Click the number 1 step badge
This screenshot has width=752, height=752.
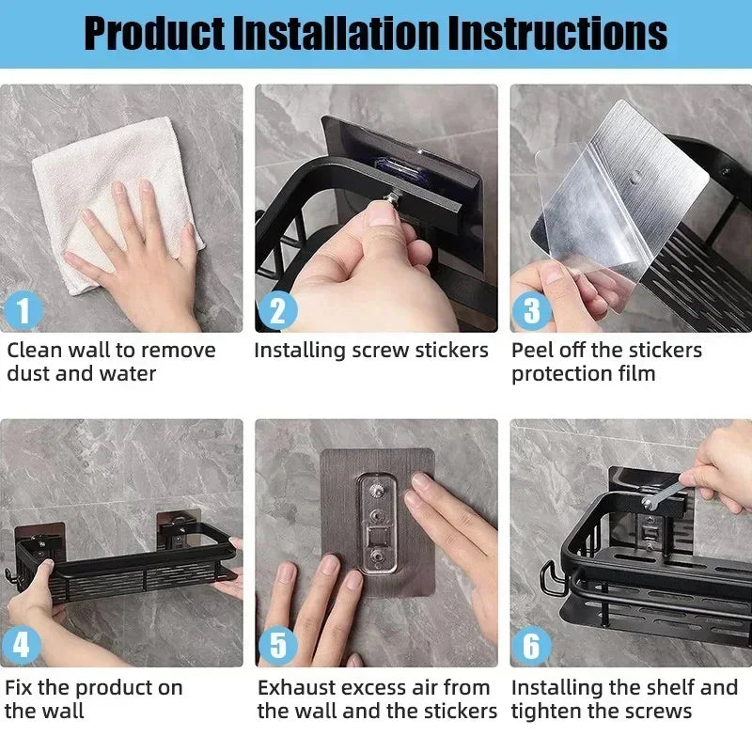24,311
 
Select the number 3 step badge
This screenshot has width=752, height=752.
532,311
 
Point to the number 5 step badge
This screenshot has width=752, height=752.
277,646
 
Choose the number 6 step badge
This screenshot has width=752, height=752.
532,646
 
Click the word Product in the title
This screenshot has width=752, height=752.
153,33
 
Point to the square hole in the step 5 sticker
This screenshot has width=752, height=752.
379,543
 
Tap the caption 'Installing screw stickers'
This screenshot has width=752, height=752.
371,351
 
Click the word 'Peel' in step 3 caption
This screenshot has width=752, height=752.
530,351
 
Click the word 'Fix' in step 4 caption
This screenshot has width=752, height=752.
21,687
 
